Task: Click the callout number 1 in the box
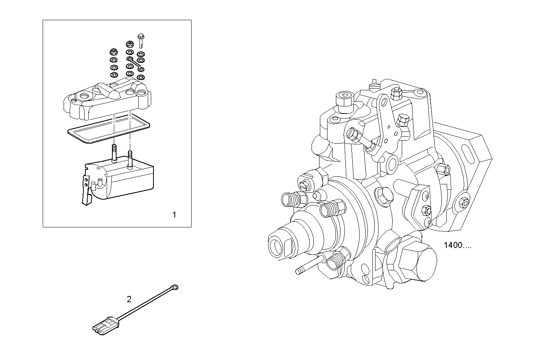174,215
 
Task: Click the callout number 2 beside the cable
129,299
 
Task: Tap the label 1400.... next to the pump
457,245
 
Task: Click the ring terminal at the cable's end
174,287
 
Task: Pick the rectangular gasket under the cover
109,130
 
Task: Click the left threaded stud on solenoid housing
114,153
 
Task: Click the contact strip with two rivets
87,190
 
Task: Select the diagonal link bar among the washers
135,64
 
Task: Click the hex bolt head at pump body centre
382,195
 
